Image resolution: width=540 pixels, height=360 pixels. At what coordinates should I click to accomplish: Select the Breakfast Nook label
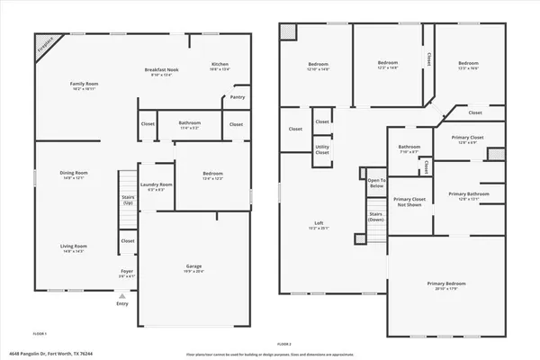(164, 72)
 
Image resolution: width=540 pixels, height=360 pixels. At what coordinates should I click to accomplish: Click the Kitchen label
(220, 66)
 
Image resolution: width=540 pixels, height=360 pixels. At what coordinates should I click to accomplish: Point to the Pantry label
(238, 96)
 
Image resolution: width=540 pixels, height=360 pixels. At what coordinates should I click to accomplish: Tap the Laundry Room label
(156, 187)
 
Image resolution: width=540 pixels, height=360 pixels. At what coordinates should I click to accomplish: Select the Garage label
(194, 267)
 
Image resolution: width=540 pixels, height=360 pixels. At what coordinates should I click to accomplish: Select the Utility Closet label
(321, 150)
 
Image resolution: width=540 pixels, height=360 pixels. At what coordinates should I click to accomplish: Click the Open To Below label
(376, 184)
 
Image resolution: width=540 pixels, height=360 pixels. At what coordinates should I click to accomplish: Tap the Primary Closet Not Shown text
(409, 202)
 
